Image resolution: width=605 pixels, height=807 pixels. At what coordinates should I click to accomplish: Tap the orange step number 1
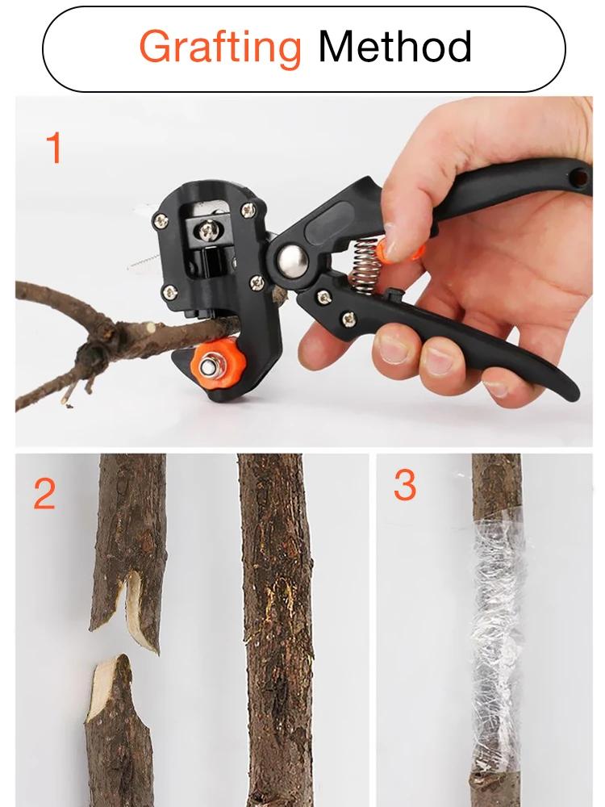[53, 148]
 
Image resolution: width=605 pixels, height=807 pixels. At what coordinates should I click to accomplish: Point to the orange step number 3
[405, 485]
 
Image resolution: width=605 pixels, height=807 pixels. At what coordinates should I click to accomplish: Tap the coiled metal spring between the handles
[365, 263]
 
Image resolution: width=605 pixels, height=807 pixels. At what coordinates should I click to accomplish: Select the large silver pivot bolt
[291, 260]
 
